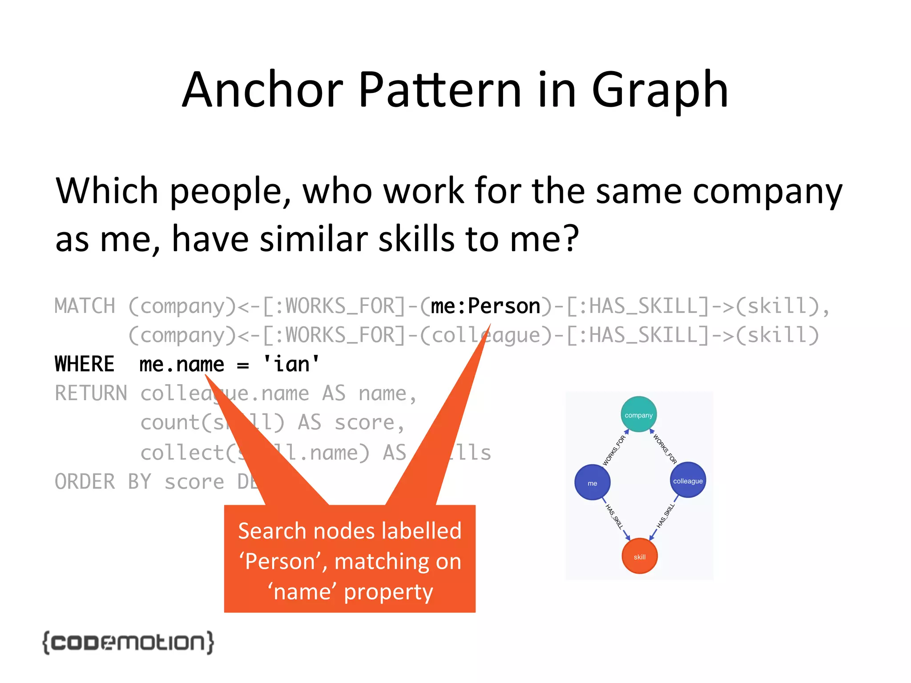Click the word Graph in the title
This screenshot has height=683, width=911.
660,90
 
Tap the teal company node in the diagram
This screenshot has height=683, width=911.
638,414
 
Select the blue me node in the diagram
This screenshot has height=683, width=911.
592,483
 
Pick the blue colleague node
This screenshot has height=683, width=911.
688,481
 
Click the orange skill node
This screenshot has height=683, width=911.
639,557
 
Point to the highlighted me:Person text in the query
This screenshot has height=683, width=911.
485,306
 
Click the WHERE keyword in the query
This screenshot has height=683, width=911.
85,364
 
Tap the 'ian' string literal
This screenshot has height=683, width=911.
291,364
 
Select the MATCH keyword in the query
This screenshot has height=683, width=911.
85,306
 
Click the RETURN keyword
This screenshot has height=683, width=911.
91,394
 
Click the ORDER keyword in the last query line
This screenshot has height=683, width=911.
85,482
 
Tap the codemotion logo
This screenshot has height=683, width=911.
128,643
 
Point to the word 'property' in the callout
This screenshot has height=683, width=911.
388,592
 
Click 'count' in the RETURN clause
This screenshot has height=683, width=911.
170,422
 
